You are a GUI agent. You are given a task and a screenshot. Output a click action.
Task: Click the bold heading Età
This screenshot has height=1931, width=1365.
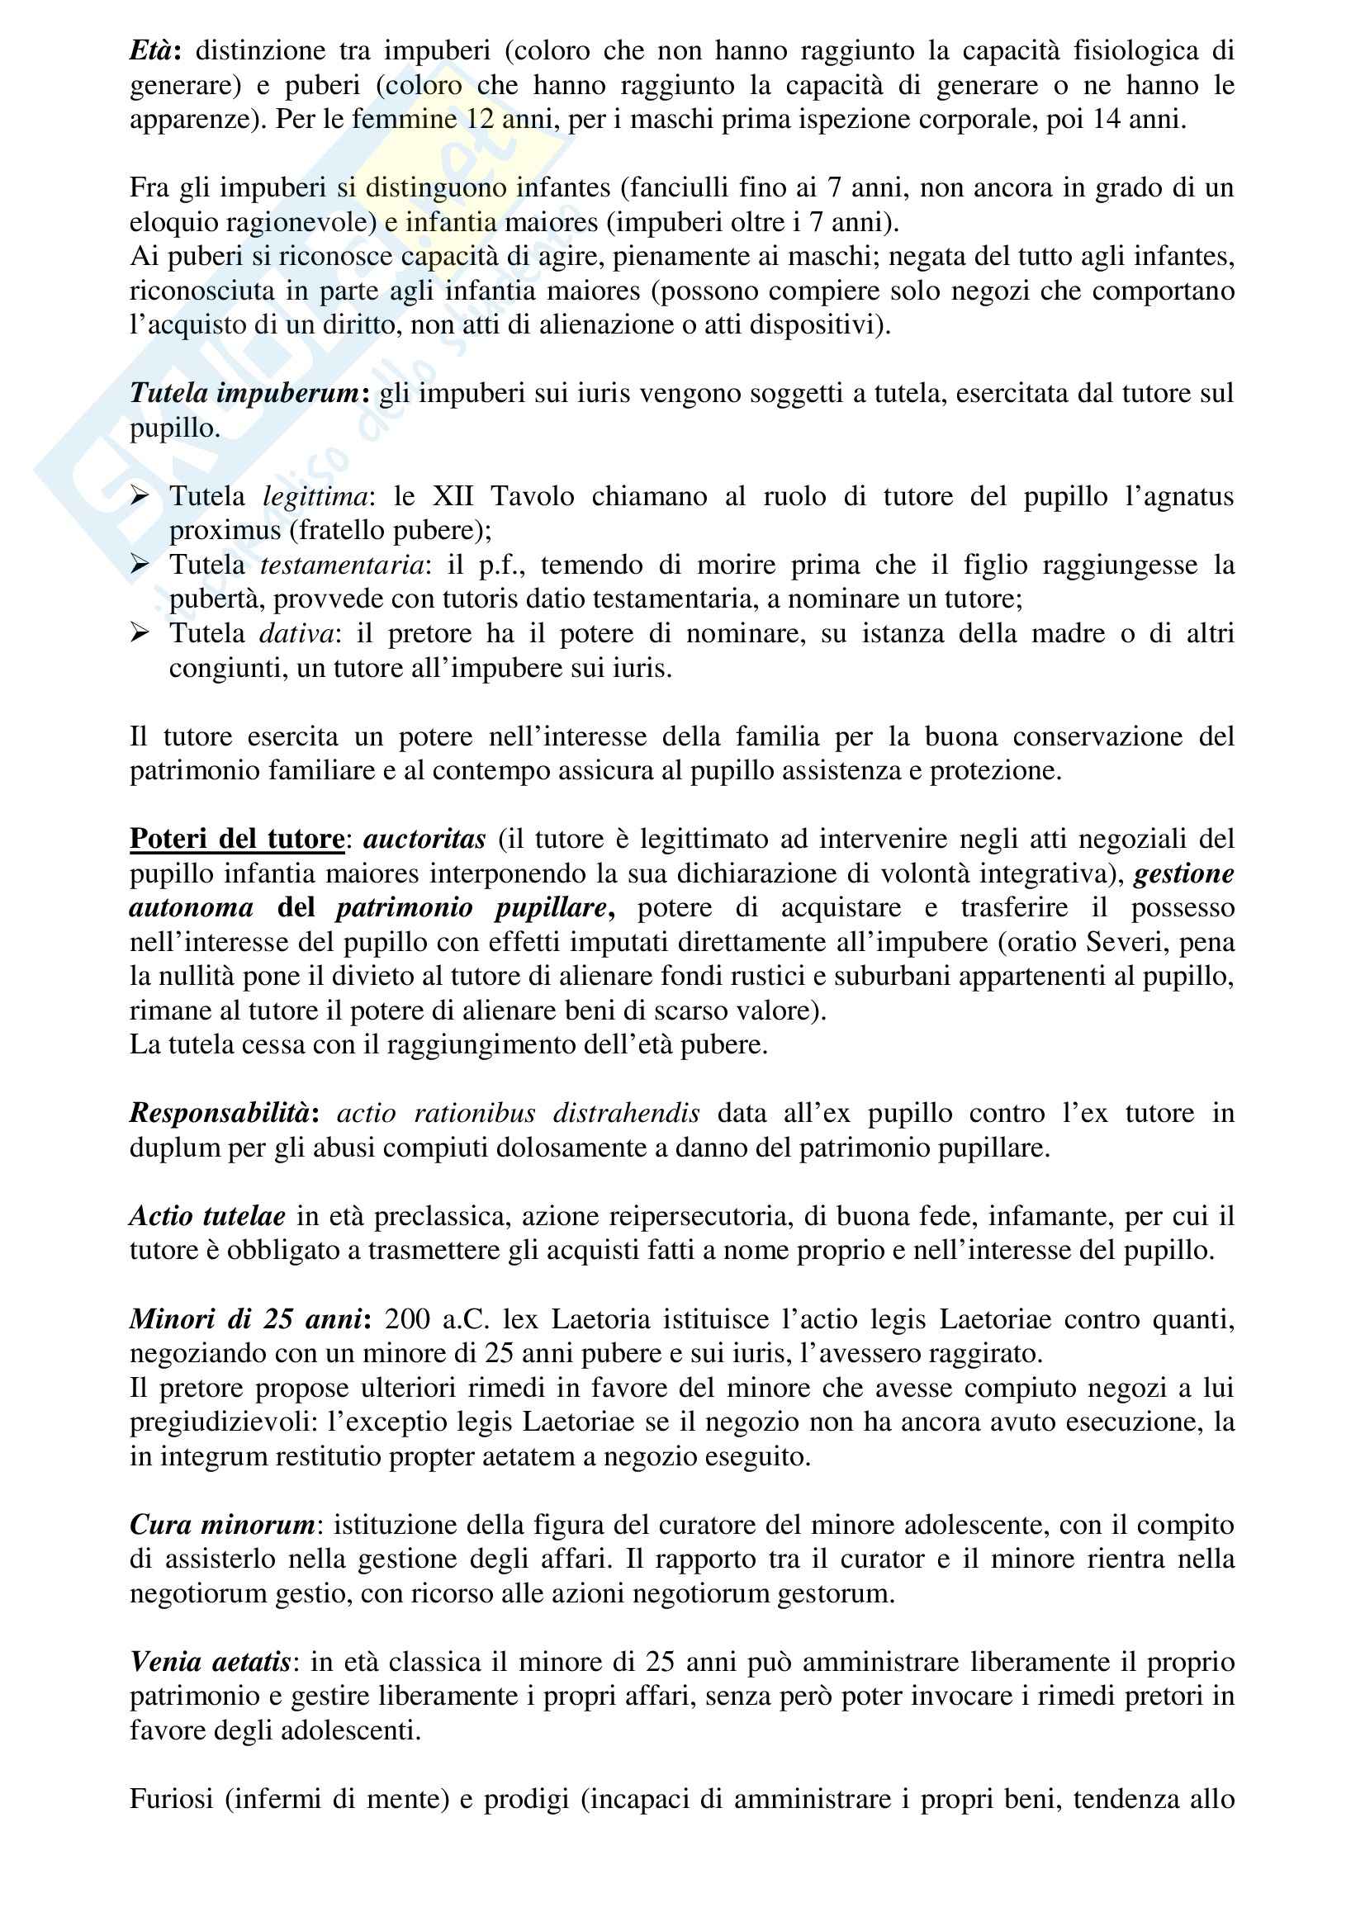tap(151, 51)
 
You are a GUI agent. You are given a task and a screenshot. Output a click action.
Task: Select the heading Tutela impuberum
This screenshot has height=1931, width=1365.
tap(244, 394)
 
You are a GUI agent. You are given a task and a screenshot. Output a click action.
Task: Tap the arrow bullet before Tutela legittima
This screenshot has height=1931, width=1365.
tap(140, 496)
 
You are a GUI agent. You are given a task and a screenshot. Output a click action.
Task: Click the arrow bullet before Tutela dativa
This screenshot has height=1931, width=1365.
tap(140, 633)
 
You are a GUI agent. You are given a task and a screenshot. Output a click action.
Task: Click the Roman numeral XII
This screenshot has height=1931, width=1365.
tap(453, 496)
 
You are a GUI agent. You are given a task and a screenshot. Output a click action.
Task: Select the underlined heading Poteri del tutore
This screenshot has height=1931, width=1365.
tap(237, 840)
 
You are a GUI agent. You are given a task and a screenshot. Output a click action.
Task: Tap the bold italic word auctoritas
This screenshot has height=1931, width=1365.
tap(424, 840)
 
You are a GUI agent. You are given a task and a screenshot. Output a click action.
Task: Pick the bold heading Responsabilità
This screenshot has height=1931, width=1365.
tap(220, 1114)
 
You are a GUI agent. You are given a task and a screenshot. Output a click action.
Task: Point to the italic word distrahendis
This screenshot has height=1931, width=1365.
tap(627, 1114)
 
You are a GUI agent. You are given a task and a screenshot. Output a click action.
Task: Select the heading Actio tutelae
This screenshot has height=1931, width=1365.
tap(207, 1216)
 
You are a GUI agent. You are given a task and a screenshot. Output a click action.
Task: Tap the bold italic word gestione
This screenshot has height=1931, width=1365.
tap(1183, 873)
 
